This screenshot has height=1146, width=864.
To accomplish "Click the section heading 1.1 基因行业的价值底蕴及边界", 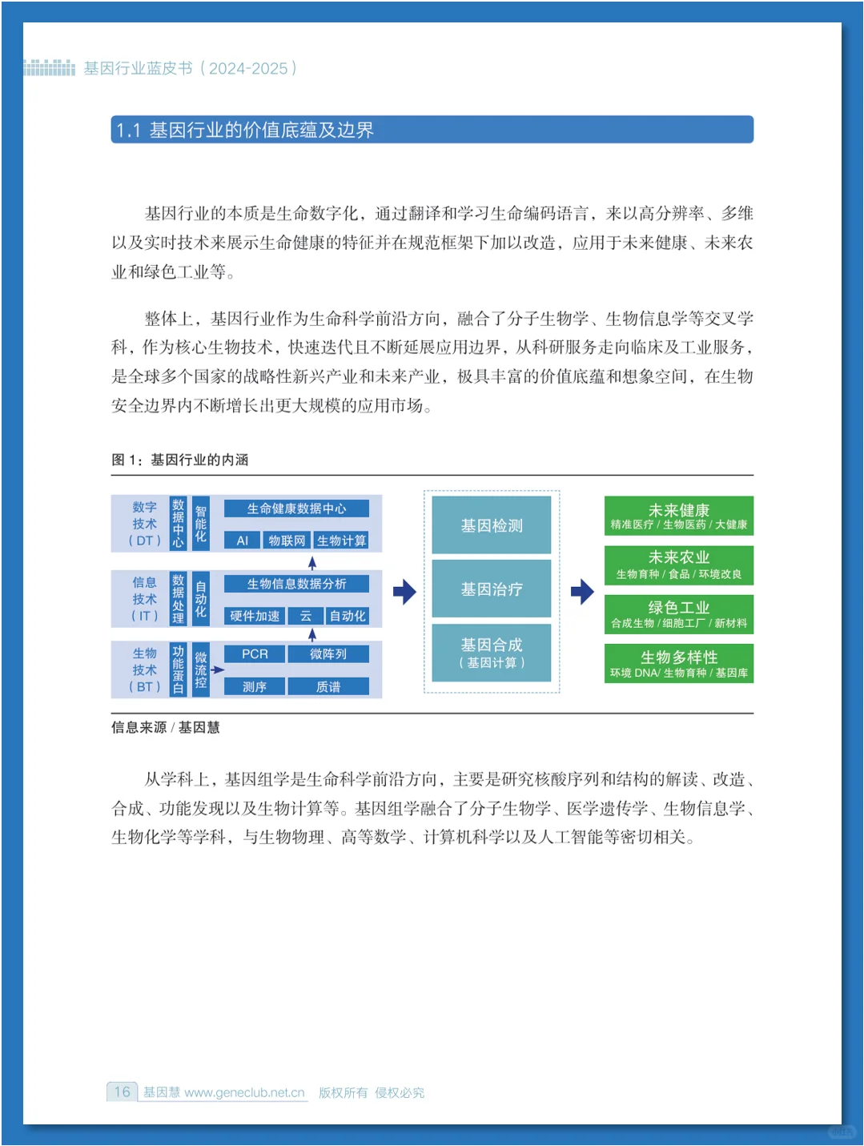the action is pyautogui.click(x=244, y=130).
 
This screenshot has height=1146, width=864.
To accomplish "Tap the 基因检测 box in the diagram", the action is pyautogui.click(x=491, y=525).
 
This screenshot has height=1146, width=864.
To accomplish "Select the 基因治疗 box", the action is pyautogui.click(x=491, y=589).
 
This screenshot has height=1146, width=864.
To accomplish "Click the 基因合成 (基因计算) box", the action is pyautogui.click(x=491, y=653).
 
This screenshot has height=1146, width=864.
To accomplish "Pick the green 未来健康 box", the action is pyautogui.click(x=678, y=516).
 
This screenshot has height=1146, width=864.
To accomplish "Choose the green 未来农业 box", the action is pyautogui.click(x=678, y=565).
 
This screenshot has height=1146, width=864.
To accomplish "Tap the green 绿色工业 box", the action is pyautogui.click(x=678, y=614).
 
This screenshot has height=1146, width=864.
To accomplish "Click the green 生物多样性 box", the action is pyautogui.click(x=678, y=663).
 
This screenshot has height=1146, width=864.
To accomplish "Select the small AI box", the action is pyautogui.click(x=242, y=541).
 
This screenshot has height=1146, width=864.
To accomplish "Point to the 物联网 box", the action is pyautogui.click(x=287, y=541).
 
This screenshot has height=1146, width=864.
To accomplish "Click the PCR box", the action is pyautogui.click(x=255, y=654).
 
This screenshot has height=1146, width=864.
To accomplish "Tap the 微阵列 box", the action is pyautogui.click(x=328, y=654).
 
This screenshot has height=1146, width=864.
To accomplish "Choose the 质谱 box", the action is pyautogui.click(x=328, y=686).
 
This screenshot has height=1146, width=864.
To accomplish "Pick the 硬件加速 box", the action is pyautogui.click(x=255, y=616).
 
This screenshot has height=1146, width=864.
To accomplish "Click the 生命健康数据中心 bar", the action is pyautogui.click(x=296, y=509).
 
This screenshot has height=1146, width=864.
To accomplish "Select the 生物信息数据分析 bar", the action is pyautogui.click(x=296, y=584).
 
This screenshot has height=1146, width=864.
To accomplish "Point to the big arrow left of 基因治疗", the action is pyautogui.click(x=404, y=592).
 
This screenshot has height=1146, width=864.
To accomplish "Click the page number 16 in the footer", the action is pyautogui.click(x=122, y=1092).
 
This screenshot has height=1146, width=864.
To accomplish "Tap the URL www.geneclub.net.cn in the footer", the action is pyautogui.click(x=244, y=1092).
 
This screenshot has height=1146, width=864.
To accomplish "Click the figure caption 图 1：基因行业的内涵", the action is pyautogui.click(x=180, y=460).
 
